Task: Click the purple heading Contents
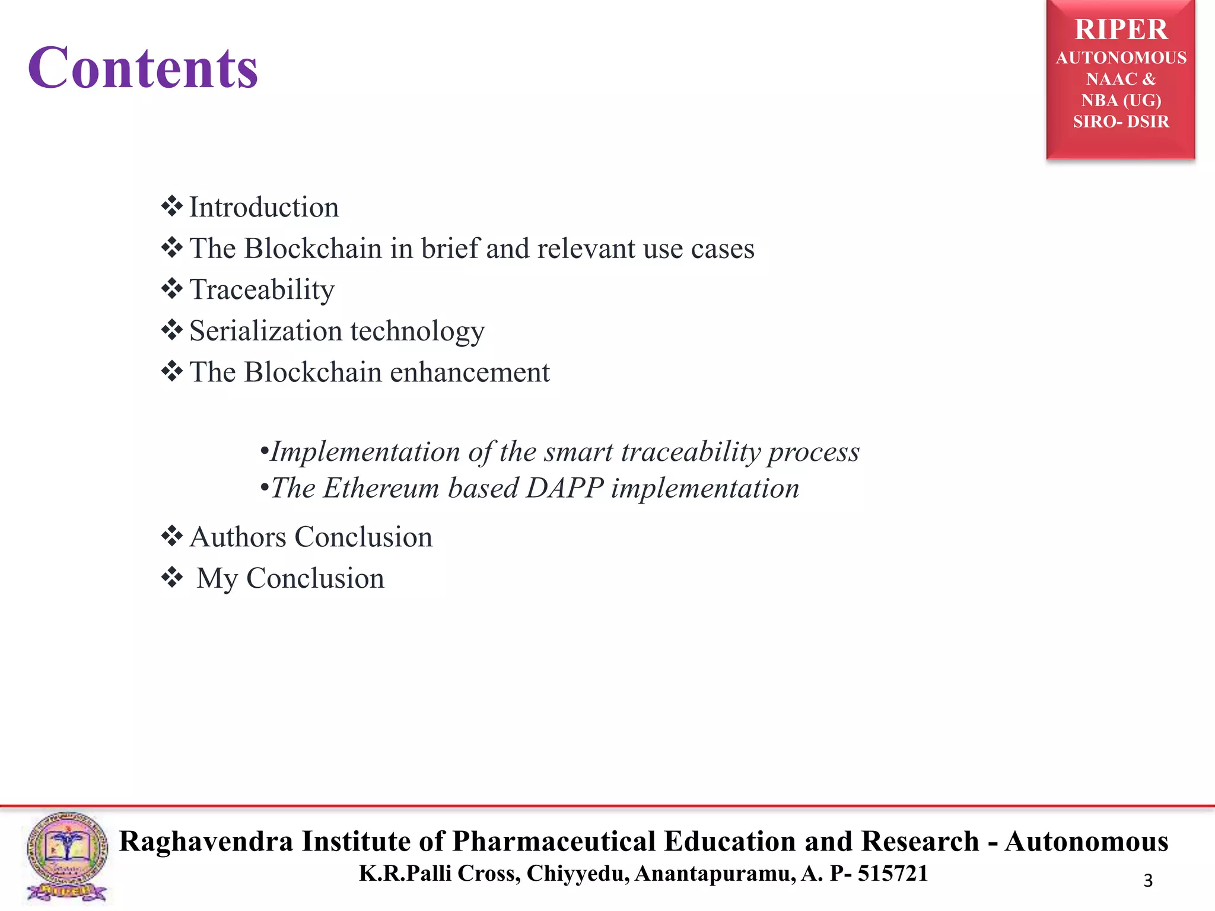coord(143,68)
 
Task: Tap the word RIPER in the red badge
coord(1121,30)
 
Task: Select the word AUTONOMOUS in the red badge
coord(1121,58)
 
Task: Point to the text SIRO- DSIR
coord(1121,122)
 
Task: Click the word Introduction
coord(264,208)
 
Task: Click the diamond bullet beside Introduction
coord(172,206)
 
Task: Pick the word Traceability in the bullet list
coord(262,290)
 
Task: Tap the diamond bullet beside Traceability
coord(172,289)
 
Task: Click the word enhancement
coord(469,372)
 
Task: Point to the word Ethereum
coord(381,488)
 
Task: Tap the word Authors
coord(238,537)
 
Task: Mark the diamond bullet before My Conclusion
coord(172,577)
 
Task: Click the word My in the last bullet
coord(217,579)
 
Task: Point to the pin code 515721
coord(892,874)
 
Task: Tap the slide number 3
coord(1147,881)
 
